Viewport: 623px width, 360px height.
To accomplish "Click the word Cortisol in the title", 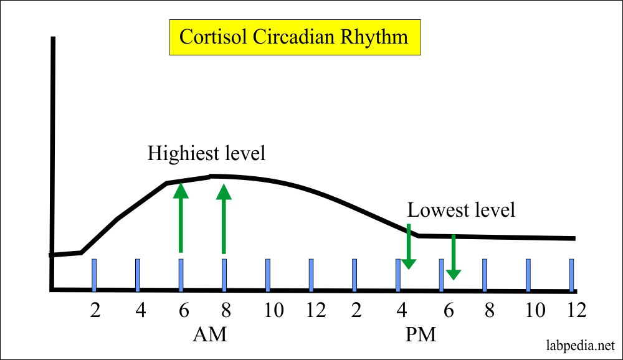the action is [x=214, y=37].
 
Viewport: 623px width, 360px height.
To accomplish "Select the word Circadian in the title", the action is [x=295, y=37].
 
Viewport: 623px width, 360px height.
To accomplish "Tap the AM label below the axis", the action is [x=210, y=334].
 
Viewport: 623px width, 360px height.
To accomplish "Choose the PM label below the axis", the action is [x=421, y=334].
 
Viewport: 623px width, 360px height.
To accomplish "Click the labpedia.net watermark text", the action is [x=581, y=345].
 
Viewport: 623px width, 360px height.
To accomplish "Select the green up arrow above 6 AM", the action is [x=181, y=217].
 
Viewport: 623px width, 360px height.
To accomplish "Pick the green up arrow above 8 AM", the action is [x=224, y=219].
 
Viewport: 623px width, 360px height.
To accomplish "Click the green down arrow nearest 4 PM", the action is [x=409, y=247].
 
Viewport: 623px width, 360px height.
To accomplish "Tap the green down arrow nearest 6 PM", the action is [x=454, y=257].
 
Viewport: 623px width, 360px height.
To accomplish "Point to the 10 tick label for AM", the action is [x=273, y=310].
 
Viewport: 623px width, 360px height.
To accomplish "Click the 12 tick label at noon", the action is [x=316, y=310].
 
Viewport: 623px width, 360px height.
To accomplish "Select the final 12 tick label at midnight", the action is [x=576, y=310].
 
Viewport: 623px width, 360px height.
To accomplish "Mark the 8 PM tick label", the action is [x=490, y=310].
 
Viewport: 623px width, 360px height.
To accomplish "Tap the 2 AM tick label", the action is [x=95, y=310].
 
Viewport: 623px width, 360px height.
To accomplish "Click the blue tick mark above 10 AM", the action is [x=268, y=275].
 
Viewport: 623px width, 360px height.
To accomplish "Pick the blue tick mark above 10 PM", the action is [x=528, y=275].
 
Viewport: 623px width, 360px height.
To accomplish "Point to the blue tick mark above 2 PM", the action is [x=354, y=275].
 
